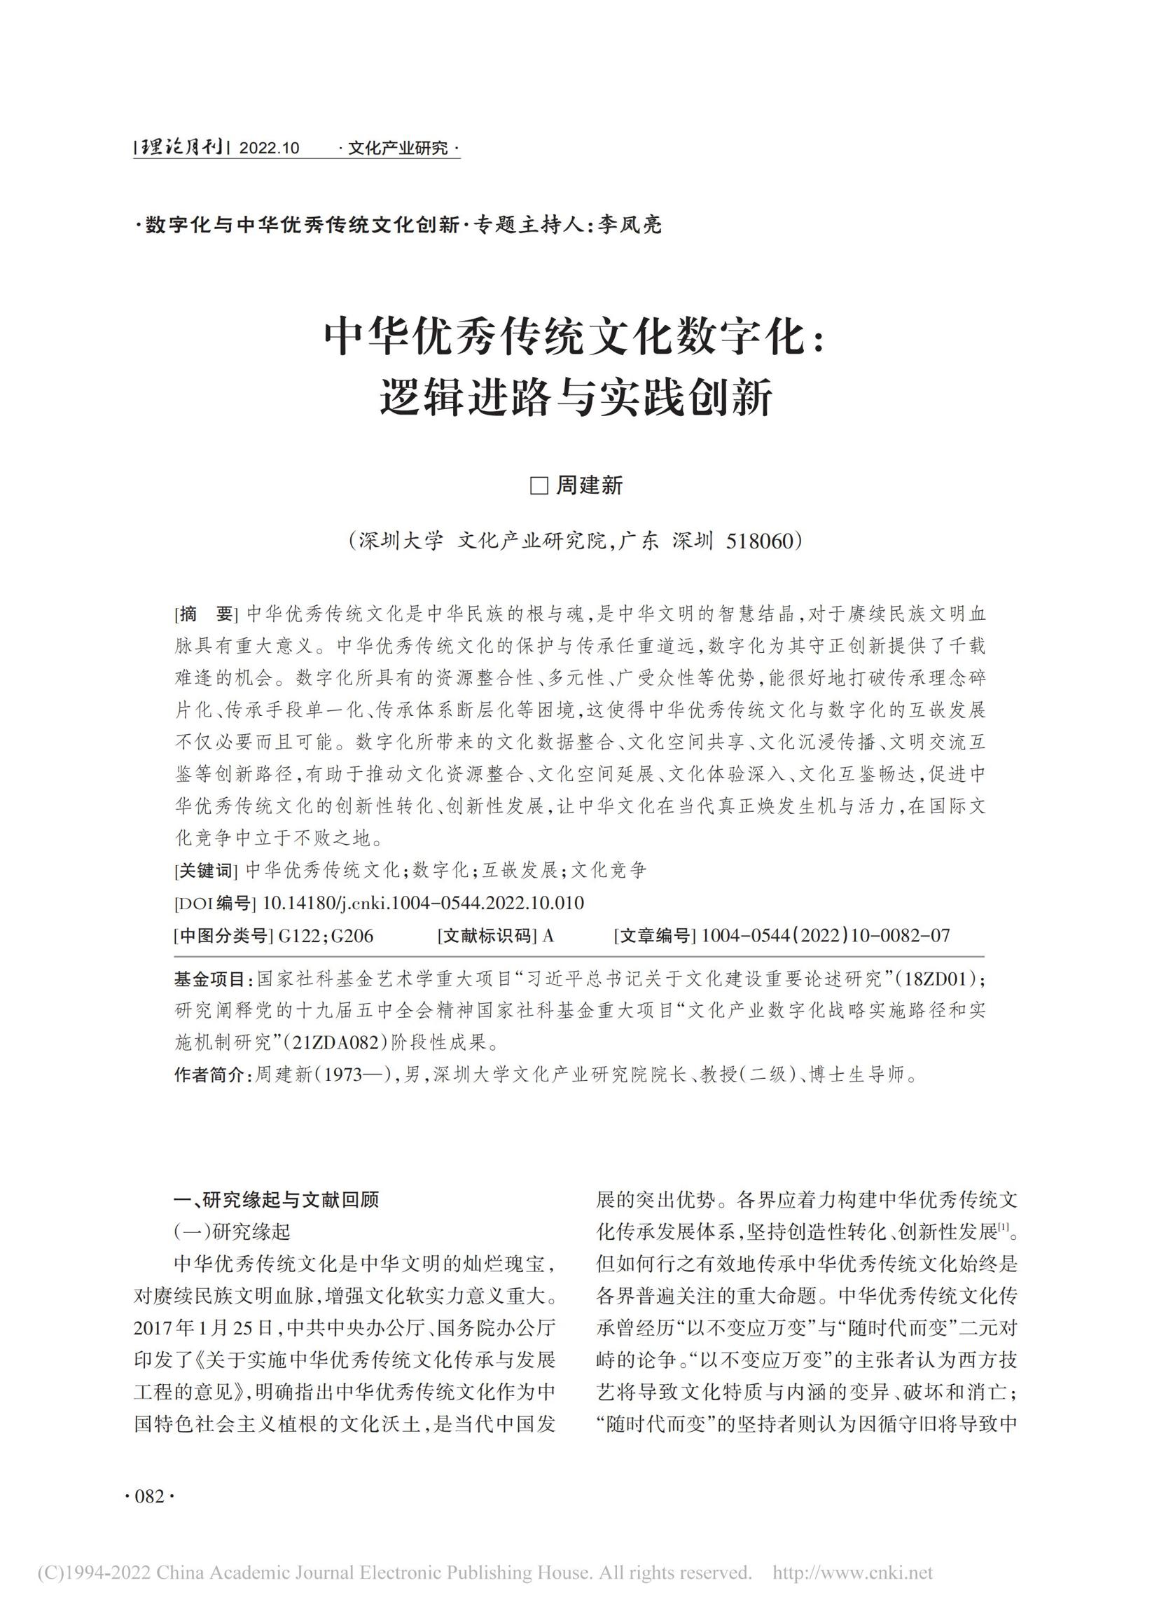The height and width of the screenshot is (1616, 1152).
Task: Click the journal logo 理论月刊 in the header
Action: click(x=180, y=148)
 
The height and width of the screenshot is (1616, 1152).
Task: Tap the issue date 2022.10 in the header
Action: click(x=269, y=149)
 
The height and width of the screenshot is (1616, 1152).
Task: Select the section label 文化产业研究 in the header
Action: click(x=398, y=149)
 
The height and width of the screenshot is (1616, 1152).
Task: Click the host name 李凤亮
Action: click(x=630, y=225)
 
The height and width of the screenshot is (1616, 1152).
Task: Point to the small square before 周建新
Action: click(x=539, y=486)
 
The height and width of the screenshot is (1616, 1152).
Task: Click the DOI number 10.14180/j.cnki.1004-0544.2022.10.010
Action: click(x=423, y=903)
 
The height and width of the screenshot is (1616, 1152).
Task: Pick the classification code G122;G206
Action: click(x=326, y=936)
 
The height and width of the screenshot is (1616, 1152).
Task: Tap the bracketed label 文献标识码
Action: click(x=487, y=936)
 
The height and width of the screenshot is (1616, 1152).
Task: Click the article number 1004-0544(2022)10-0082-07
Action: click(x=825, y=936)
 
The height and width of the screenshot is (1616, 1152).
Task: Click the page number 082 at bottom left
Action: click(x=150, y=1497)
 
